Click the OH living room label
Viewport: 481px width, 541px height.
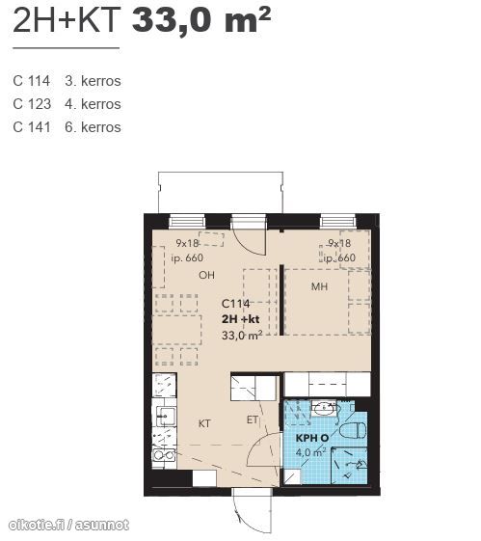click(206, 275)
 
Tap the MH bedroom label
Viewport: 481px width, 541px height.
click(319, 286)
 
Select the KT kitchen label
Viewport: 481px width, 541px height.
click(204, 423)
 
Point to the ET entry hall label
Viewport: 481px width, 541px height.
click(252, 419)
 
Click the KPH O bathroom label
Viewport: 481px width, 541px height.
click(312, 438)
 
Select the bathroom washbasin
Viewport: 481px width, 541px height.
click(324, 409)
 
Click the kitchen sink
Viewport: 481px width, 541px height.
click(166, 416)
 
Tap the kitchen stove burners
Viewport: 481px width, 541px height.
click(164, 455)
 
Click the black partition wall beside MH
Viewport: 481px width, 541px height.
click(281, 300)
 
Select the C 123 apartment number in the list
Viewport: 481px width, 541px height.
click(32, 104)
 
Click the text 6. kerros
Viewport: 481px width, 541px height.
click(93, 127)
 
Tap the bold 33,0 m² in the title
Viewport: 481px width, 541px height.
click(201, 20)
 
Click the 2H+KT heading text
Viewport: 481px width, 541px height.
click(67, 20)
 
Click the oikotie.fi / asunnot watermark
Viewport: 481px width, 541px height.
click(68, 526)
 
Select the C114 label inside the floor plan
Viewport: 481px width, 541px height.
click(235, 304)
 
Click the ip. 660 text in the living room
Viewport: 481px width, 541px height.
click(187, 257)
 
